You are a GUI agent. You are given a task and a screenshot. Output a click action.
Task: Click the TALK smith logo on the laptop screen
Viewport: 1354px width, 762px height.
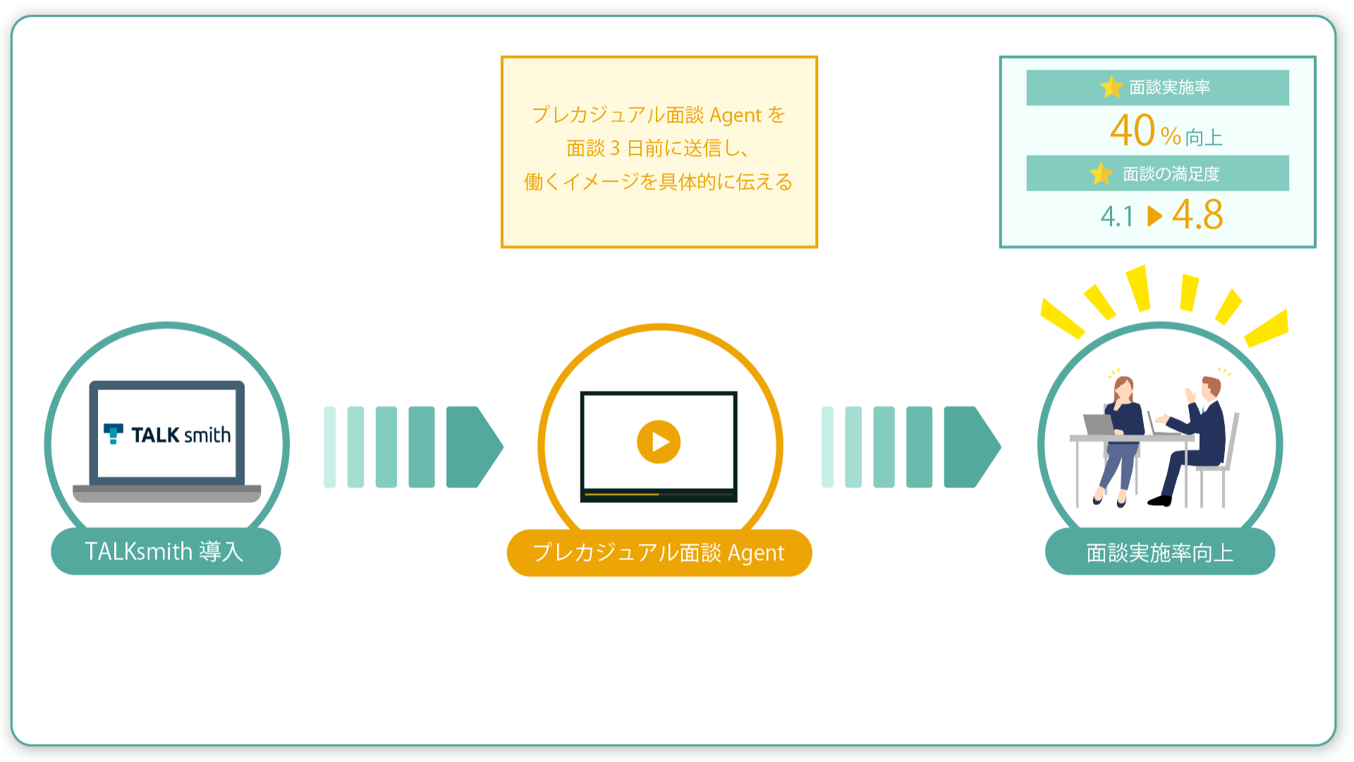pos(167,434)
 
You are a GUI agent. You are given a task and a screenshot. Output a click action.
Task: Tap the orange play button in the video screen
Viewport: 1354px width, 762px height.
pos(659,442)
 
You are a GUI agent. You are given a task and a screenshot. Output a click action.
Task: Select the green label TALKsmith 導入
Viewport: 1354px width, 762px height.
pos(166,551)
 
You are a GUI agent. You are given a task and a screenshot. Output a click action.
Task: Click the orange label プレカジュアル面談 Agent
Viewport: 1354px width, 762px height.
pos(659,552)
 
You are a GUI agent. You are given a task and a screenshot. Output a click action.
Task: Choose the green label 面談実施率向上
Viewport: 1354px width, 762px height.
pos(1160,552)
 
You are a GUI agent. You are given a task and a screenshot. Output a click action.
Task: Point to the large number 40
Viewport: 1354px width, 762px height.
pos(1133,131)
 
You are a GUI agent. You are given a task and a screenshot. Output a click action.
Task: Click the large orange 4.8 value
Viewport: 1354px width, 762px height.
pos(1197,214)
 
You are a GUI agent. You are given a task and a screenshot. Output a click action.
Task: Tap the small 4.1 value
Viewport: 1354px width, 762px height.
pos(1117,217)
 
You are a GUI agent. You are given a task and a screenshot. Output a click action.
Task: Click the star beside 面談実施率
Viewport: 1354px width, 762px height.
pos(1111,87)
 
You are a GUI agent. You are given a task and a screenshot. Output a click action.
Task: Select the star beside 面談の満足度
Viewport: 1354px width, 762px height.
pos(1101,173)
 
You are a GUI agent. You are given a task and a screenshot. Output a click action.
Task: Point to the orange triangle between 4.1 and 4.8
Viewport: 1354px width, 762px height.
pos(1154,216)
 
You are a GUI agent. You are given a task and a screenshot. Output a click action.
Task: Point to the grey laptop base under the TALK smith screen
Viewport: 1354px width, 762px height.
pos(167,493)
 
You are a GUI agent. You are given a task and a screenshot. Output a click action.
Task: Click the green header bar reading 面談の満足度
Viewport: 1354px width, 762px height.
pos(1157,173)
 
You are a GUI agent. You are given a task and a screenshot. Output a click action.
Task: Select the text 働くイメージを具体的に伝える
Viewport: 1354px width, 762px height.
pos(659,182)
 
